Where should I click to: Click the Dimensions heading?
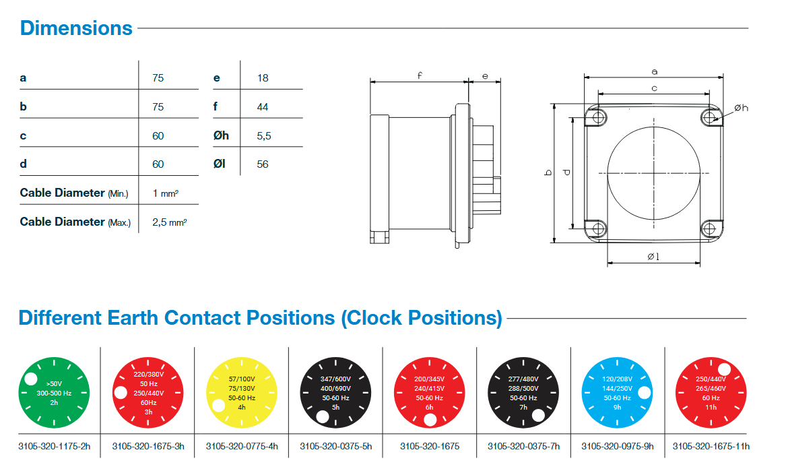coord(76,28)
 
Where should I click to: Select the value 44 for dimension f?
coord(263,106)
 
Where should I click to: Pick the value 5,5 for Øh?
coord(264,135)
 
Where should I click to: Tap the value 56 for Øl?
coord(263,164)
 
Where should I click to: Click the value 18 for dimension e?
coord(263,78)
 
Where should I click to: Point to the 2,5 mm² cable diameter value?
coord(169,222)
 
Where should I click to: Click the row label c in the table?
coord(24,135)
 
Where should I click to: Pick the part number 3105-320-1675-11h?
coord(711,446)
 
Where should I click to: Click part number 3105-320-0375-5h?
coord(335,446)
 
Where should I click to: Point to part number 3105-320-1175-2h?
coord(53,446)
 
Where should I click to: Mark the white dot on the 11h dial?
coord(725,369)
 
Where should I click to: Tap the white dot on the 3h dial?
coord(121,393)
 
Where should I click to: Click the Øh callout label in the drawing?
coord(741,108)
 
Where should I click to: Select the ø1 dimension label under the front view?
coord(653,256)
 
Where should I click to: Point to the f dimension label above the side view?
coord(419,75)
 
